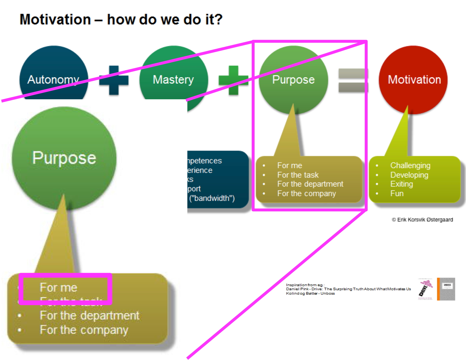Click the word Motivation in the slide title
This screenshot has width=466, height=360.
tap(55, 19)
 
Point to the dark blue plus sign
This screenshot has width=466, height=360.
tap(114, 80)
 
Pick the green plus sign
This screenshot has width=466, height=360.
tap(233, 80)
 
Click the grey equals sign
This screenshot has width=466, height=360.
tap(352, 80)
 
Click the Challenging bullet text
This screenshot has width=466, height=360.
tap(410, 166)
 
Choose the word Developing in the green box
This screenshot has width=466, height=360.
tap(409, 175)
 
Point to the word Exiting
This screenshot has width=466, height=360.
tap(401, 184)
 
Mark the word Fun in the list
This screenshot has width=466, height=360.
tap(397, 193)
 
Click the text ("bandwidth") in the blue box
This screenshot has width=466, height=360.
tap(212, 198)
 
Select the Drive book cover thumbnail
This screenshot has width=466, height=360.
tap(426, 289)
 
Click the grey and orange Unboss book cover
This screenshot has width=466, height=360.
tap(446, 289)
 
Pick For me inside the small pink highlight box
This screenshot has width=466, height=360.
tap(59, 287)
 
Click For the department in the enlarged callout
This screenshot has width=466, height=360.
tap(89, 315)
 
